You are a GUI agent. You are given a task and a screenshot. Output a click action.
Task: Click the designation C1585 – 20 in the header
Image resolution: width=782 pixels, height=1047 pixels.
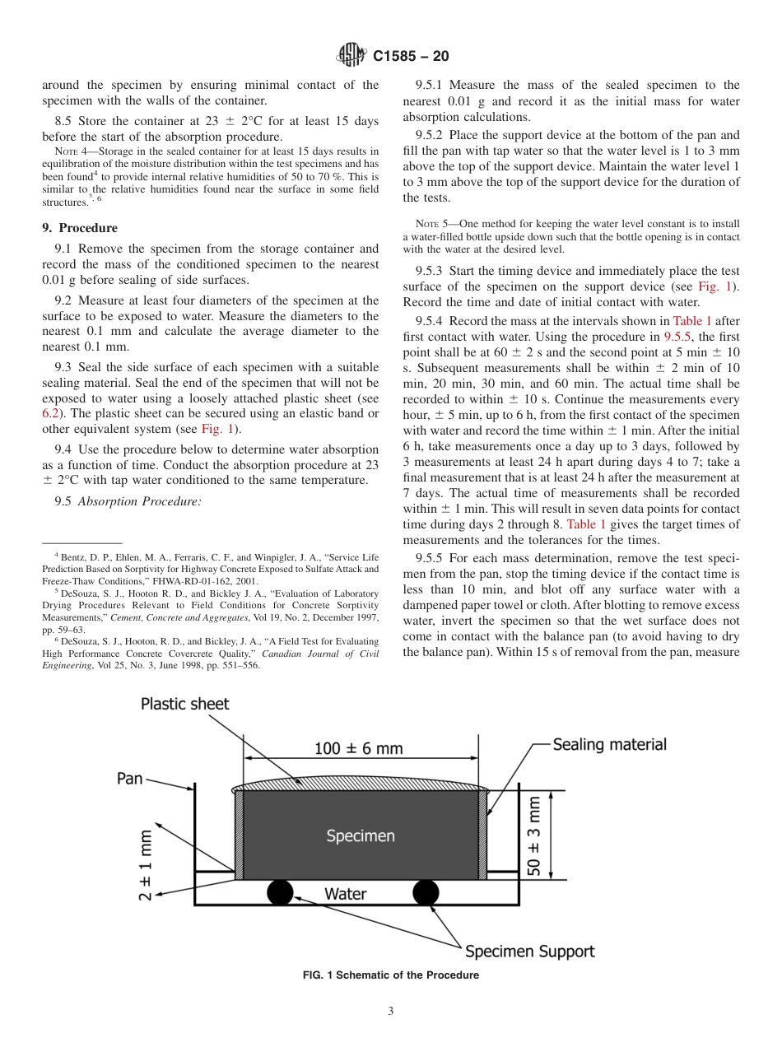point(410,57)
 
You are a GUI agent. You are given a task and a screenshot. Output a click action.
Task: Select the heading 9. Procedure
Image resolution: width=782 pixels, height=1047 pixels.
point(80,228)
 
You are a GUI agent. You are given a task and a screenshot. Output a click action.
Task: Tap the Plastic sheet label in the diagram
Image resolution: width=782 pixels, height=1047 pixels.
point(184,704)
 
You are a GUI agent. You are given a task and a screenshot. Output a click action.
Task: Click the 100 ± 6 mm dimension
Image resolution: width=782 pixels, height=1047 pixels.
point(359,748)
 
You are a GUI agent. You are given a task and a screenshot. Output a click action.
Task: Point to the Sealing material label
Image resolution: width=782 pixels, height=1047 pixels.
point(609,744)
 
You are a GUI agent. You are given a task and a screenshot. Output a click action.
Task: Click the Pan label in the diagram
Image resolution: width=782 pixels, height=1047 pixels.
point(130,778)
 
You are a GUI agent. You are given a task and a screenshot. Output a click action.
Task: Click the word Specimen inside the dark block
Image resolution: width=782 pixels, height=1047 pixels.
point(360,835)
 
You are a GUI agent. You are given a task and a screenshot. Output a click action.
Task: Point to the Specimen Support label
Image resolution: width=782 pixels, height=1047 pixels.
point(529,952)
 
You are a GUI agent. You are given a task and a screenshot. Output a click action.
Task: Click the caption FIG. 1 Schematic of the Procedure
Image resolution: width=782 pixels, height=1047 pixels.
point(391,975)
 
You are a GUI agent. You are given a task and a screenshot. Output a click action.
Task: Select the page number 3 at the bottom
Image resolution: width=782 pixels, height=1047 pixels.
point(391,1012)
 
